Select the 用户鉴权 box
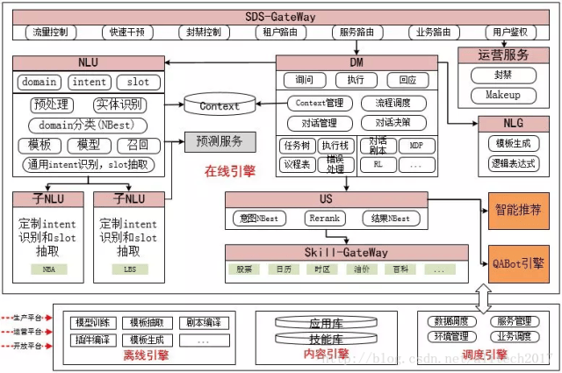(x=510, y=32)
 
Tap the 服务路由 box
(x=357, y=32)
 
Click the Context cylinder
(x=220, y=106)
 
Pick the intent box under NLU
(x=90, y=82)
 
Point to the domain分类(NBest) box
(x=87, y=126)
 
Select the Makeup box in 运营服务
(x=503, y=95)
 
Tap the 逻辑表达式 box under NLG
(x=514, y=162)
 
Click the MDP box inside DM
(x=416, y=144)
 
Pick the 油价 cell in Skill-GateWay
(x=362, y=269)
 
